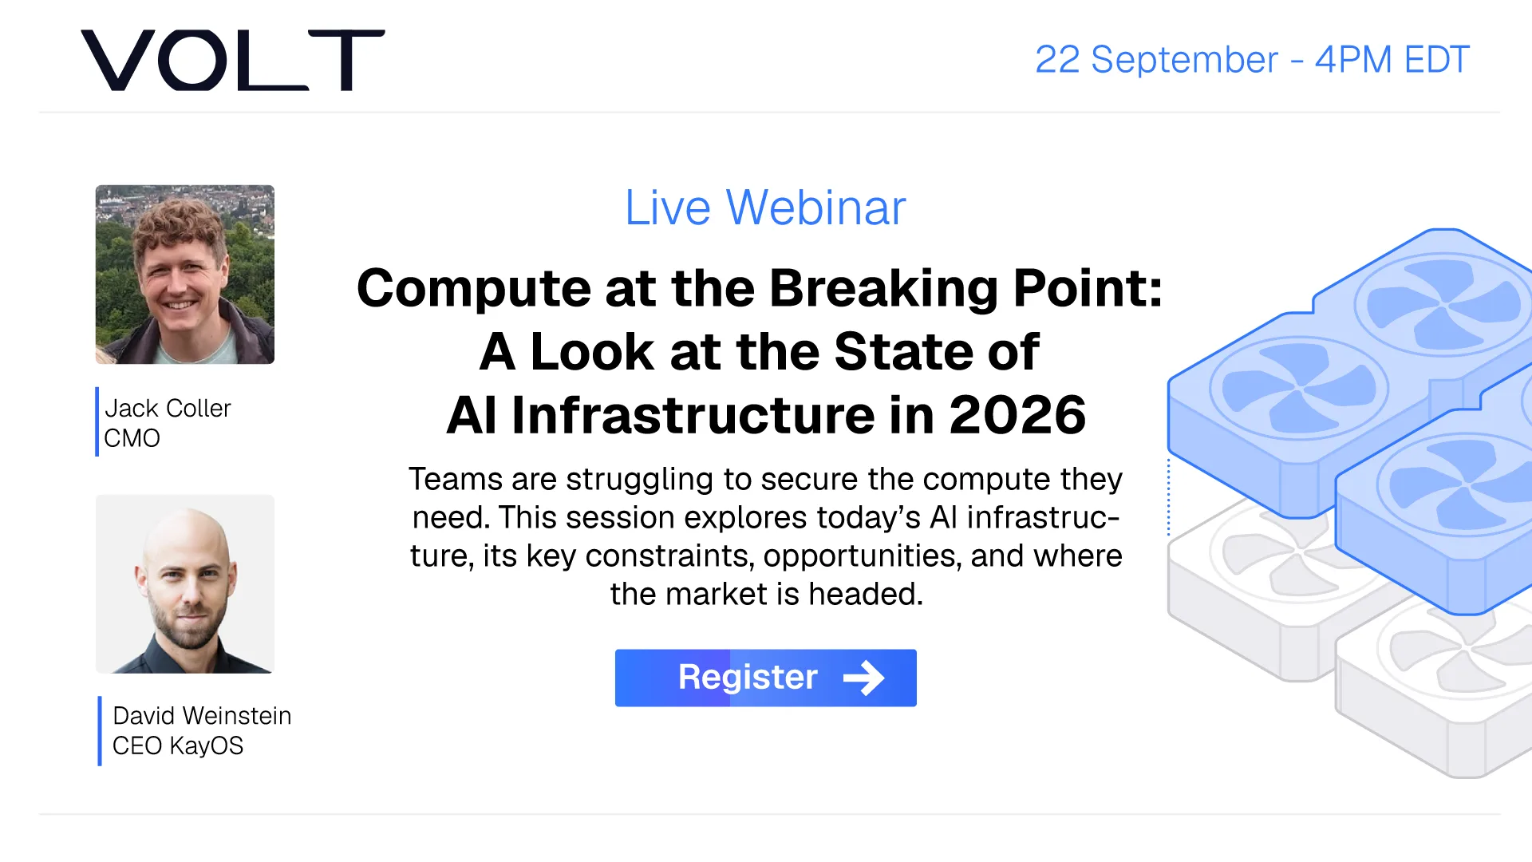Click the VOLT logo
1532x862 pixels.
(233, 60)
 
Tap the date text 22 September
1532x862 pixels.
(1156, 60)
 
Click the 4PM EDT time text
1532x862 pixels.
(1392, 60)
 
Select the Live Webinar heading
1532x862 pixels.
(765, 208)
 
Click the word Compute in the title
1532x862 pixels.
(473, 289)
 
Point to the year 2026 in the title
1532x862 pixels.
(1017, 415)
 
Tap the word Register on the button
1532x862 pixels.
(748, 678)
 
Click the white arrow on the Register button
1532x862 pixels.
(864, 678)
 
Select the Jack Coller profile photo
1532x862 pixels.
(185, 275)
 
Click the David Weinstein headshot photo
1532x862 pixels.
(185, 584)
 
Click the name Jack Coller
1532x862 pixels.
(168, 408)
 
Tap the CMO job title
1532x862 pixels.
(132, 438)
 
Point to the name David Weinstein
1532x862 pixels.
(202, 715)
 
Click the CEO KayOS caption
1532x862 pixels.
(178, 745)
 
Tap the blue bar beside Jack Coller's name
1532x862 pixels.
(97, 421)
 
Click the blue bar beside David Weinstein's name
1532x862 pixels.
(100, 731)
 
